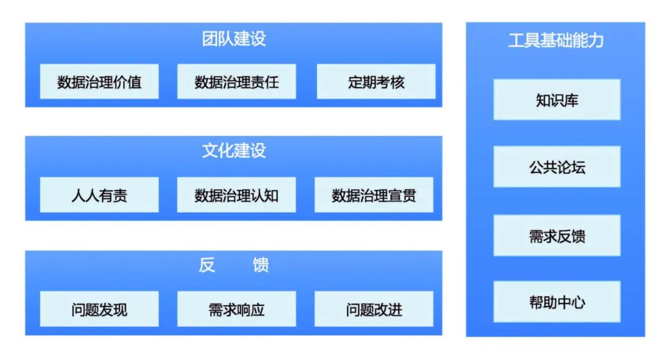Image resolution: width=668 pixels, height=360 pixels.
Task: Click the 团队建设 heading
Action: (234, 39)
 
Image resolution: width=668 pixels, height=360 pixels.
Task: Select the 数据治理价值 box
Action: (100, 82)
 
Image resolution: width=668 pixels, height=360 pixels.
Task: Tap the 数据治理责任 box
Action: (236, 82)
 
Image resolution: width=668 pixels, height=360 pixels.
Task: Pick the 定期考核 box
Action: (375, 82)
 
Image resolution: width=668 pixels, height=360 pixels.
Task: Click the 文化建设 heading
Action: (234, 151)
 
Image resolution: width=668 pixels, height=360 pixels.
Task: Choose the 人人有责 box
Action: (100, 195)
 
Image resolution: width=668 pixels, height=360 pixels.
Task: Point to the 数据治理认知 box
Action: (236, 195)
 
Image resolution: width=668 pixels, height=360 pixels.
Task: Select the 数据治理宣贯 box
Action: (374, 195)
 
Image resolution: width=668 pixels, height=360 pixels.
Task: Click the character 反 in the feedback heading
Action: (207, 266)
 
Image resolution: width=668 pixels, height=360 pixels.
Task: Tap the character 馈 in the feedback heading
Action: (260, 266)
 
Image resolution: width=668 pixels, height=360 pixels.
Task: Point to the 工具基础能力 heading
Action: (555, 41)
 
